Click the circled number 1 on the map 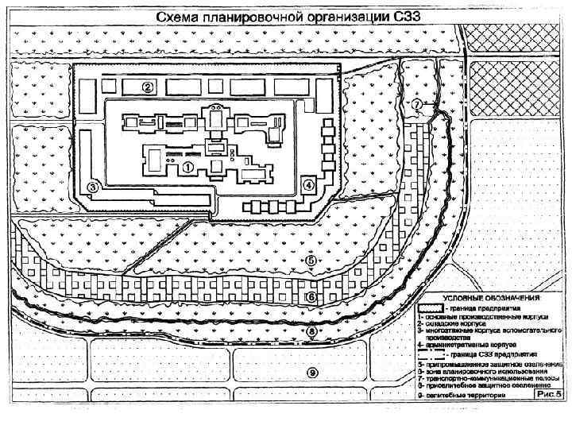(187, 167)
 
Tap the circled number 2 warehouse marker (147, 86)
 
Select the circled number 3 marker (93, 187)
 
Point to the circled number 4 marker (308, 184)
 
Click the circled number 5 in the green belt (311, 260)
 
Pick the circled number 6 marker (311, 296)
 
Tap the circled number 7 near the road (416, 104)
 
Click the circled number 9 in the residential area (312, 371)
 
